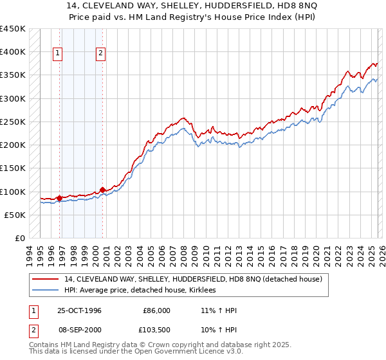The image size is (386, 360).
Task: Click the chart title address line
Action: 193,5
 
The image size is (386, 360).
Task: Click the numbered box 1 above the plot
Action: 58,54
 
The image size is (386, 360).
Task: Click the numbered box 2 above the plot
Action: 101,54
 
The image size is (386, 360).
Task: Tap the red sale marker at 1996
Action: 60,198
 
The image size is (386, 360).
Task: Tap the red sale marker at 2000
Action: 102,190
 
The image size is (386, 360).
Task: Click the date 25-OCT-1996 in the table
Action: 79,310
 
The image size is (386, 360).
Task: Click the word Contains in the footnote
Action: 44,346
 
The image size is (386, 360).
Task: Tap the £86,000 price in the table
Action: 156,310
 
